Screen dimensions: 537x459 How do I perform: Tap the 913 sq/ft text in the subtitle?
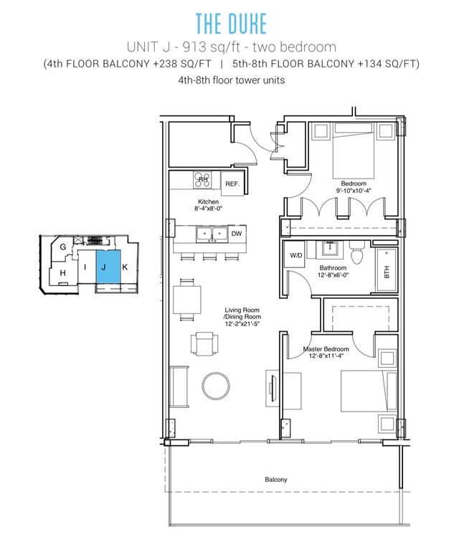206,47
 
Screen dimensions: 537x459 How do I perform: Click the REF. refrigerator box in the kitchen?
232,184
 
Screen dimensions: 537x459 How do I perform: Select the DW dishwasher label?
237,233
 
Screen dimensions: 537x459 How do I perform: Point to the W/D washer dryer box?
295,255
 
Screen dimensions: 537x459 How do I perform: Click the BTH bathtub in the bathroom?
387,272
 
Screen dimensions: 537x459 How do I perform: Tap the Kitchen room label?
208,202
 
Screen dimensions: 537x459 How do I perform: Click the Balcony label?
275,480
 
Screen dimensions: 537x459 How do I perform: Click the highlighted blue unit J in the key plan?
104,267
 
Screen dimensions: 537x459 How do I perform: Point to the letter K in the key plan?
125,267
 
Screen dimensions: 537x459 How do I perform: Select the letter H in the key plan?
63,273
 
